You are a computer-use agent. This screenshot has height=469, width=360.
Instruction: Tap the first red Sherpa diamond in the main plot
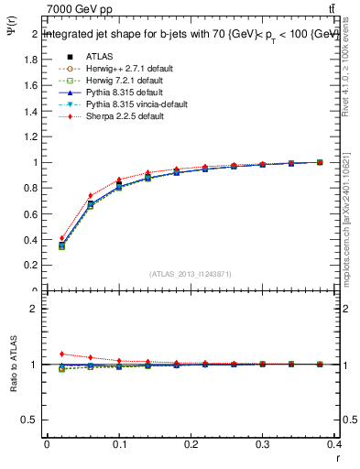[61, 238]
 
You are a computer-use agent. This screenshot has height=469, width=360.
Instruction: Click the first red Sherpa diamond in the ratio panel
[61, 354]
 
